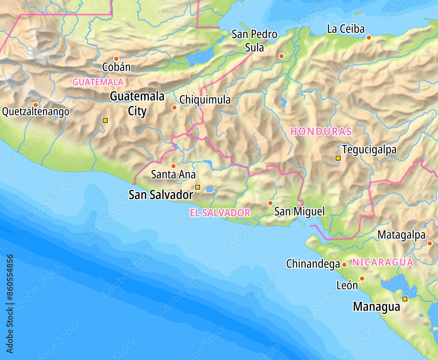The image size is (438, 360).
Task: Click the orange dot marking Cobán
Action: [116, 58]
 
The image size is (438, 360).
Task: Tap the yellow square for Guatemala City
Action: [105, 120]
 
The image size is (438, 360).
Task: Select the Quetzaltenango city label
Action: [35, 112]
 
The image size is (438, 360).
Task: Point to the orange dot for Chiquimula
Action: [174, 107]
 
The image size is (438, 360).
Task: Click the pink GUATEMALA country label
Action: [98, 82]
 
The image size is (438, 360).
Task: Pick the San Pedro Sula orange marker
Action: [281, 56]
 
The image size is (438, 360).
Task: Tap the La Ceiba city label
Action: [346, 29]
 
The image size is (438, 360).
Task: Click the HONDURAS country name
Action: [321, 131]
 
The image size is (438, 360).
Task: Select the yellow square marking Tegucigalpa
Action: [338, 158]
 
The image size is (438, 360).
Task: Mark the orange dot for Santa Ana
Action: [173, 166]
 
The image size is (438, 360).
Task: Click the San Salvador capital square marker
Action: [198, 187]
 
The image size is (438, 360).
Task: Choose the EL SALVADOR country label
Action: [220, 213]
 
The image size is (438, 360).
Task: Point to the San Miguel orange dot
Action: [270, 203]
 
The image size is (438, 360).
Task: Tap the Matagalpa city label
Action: [401, 235]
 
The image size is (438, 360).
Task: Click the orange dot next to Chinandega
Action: [344, 265]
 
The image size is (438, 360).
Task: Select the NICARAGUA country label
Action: [382, 262]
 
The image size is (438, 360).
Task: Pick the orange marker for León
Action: [362, 279]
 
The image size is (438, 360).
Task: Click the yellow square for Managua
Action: [405, 299]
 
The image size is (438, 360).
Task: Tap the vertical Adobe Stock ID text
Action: [10, 304]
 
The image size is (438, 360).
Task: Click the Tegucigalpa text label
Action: [369, 150]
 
